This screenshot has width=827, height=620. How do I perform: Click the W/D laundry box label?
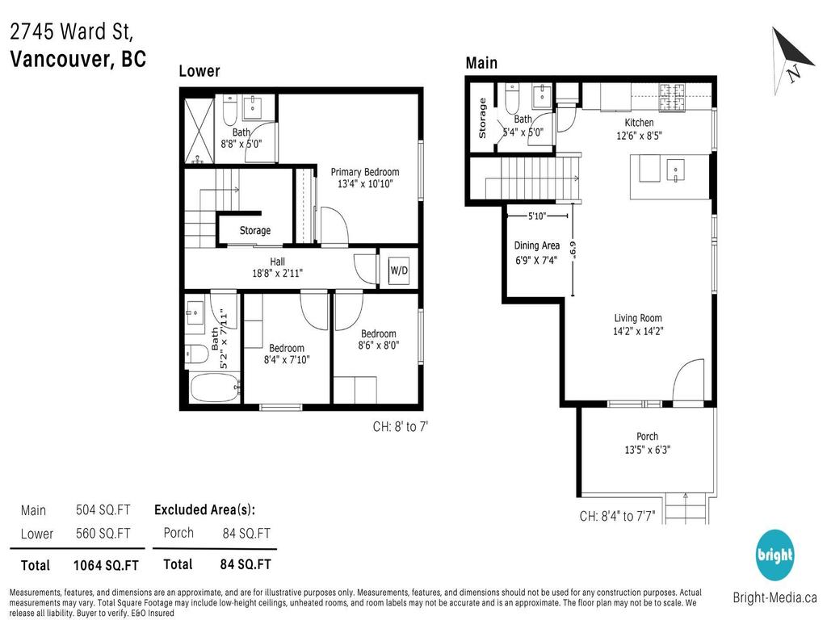point(399,269)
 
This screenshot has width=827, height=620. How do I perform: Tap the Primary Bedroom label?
point(364,172)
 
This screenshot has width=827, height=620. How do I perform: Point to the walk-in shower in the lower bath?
point(199,130)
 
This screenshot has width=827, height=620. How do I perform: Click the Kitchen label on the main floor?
point(639,123)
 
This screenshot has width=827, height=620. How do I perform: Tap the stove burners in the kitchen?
point(670,98)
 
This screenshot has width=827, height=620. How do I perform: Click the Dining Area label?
point(537,245)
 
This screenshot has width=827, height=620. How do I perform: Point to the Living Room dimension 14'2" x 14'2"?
point(638,330)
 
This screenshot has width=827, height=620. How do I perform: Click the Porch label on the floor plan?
point(647,437)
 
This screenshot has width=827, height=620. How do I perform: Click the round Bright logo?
point(775,556)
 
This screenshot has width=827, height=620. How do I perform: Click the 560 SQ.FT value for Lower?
point(103,534)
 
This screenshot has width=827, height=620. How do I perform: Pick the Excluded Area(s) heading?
point(204,509)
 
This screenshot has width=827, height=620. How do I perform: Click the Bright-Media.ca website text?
point(775,598)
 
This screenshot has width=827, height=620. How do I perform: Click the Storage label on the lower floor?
point(254,231)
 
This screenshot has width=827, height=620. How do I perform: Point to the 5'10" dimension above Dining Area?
point(537,216)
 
